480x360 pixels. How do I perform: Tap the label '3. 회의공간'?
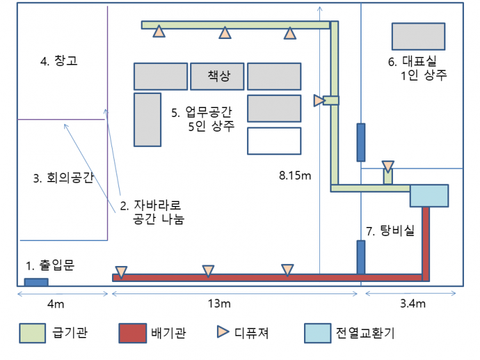click(63, 178)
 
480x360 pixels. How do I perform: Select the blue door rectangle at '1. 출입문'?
click(36, 282)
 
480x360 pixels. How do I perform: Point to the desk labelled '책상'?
click(218, 76)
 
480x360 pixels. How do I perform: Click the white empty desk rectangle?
click(274, 141)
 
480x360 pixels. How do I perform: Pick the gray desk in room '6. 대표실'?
click(418, 36)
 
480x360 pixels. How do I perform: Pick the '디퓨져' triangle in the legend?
click(223, 333)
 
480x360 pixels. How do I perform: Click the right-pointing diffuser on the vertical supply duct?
click(319, 100)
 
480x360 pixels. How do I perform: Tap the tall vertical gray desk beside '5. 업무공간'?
click(147, 119)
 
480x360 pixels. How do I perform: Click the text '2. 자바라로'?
click(151, 206)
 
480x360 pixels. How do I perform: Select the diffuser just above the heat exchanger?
click(388, 167)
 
